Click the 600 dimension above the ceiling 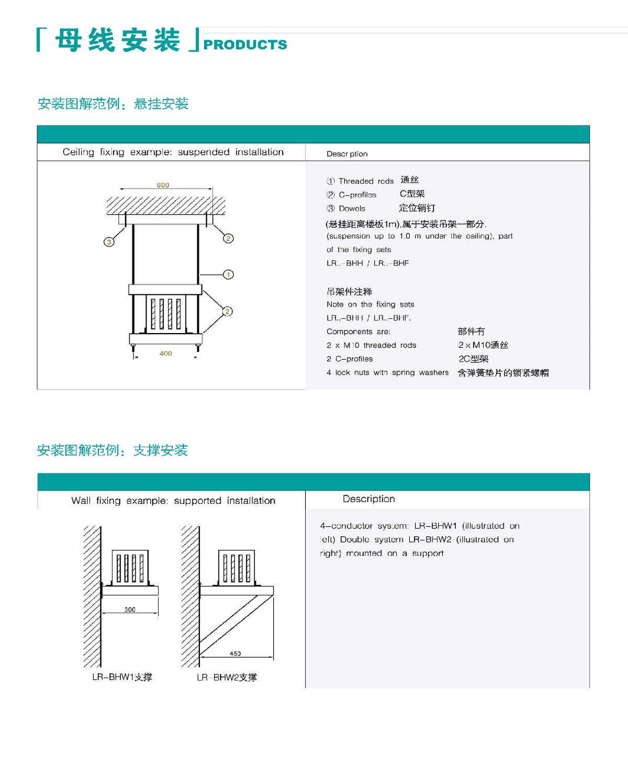[x=163, y=185]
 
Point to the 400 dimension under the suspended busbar [x=165, y=353]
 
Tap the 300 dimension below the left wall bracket [x=130, y=609]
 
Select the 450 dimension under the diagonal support [x=235, y=653]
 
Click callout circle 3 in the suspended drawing [x=109, y=242]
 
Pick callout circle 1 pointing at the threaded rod [x=228, y=274]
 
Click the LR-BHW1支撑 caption [x=122, y=677]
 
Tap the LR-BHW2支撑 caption [x=227, y=678]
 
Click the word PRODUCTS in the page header [x=245, y=45]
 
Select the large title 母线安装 [x=117, y=40]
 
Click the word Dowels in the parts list [x=352, y=208]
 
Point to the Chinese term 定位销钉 [x=417, y=208]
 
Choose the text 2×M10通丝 [x=483, y=345]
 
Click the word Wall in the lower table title [x=81, y=501]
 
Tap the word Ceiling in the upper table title [x=78, y=152]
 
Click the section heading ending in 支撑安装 [x=112, y=450]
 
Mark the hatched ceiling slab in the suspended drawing [x=166, y=206]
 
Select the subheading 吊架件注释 [x=349, y=292]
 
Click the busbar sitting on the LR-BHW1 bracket [x=130, y=567]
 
